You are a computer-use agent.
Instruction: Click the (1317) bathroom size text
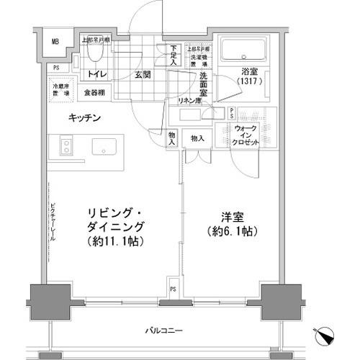[249, 81]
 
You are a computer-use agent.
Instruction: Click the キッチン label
[84, 117]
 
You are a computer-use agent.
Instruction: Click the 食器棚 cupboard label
[95, 92]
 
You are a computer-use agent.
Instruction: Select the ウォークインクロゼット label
[248, 135]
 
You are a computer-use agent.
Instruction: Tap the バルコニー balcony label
[167, 330]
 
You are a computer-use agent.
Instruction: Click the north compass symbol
[325, 336]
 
